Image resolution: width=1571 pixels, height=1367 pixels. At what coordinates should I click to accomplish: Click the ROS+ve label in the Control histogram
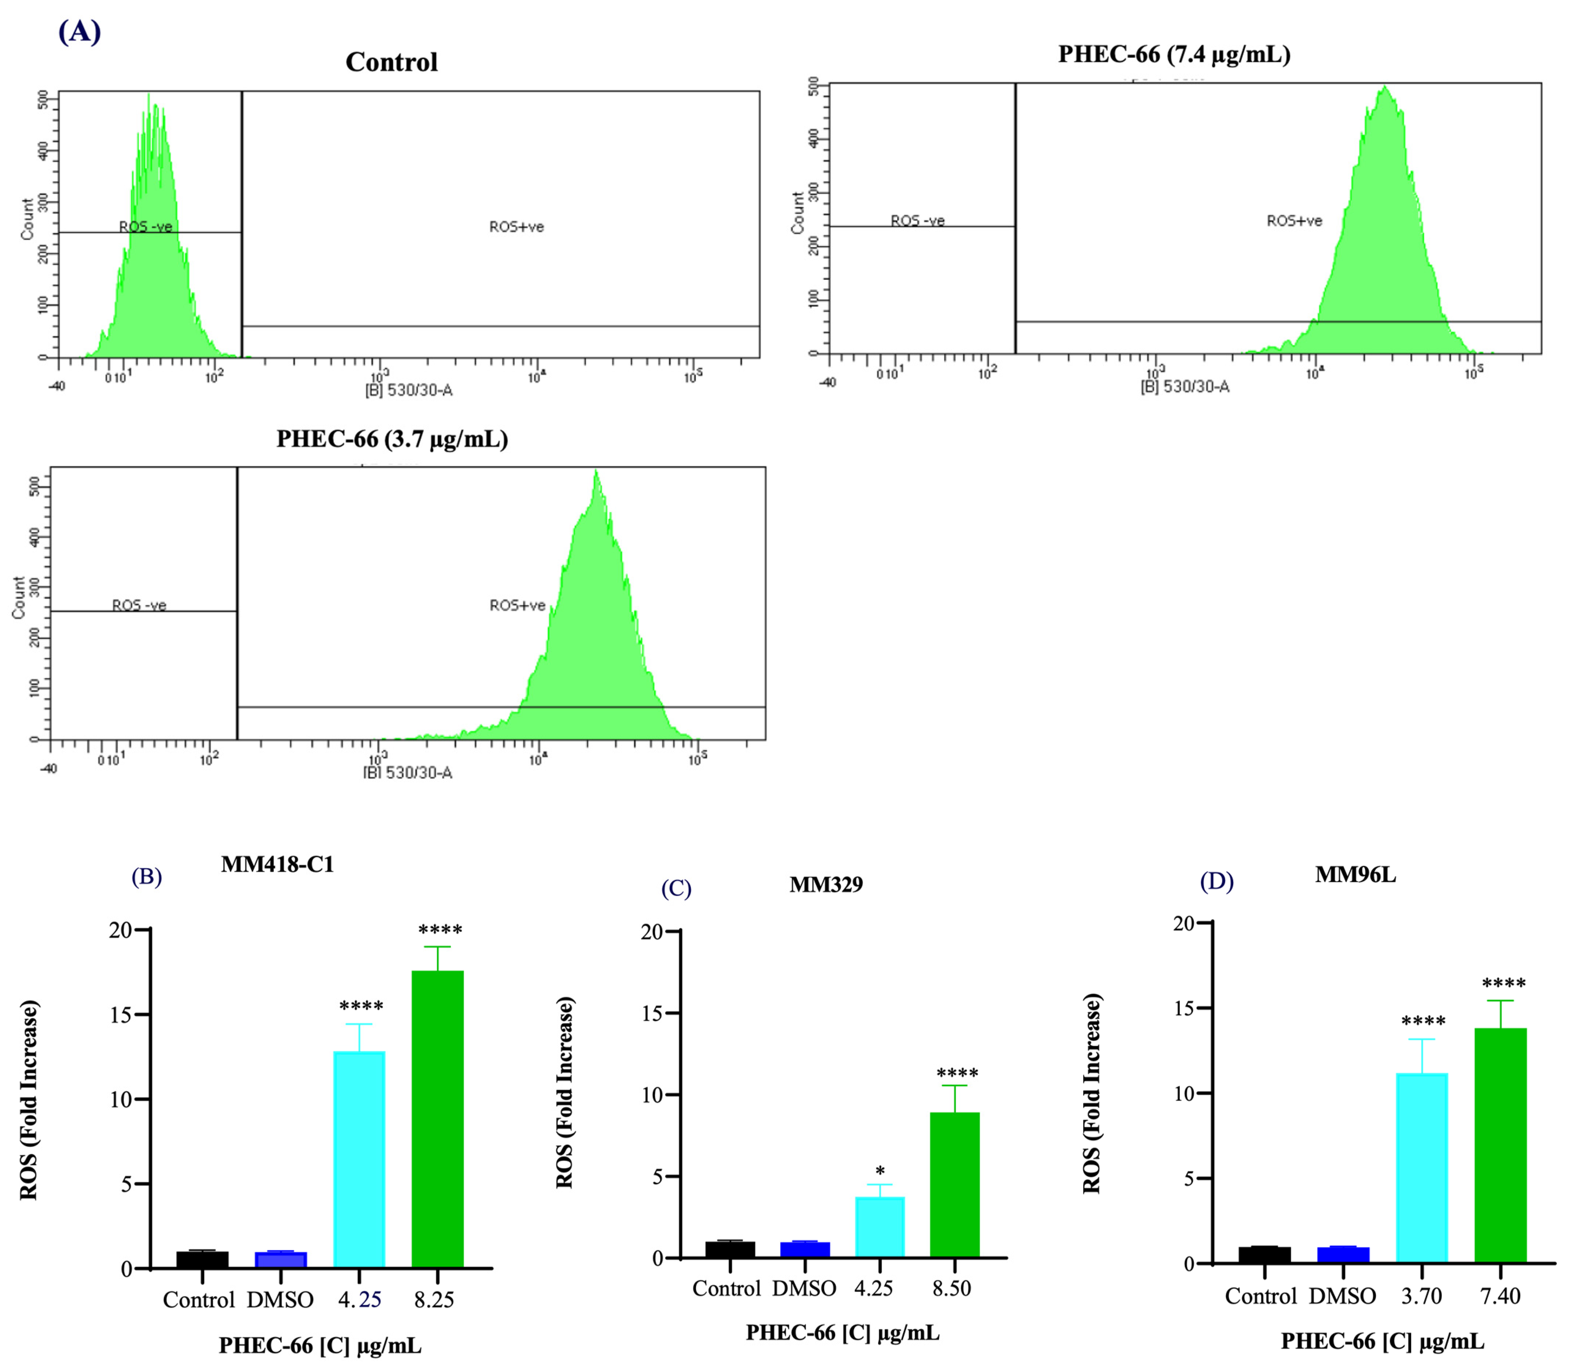pos(517,226)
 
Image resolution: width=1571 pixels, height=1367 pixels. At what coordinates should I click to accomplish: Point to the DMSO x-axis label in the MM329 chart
pos(804,1288)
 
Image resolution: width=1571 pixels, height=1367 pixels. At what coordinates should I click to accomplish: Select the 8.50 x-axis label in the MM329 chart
pos(951,1288)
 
